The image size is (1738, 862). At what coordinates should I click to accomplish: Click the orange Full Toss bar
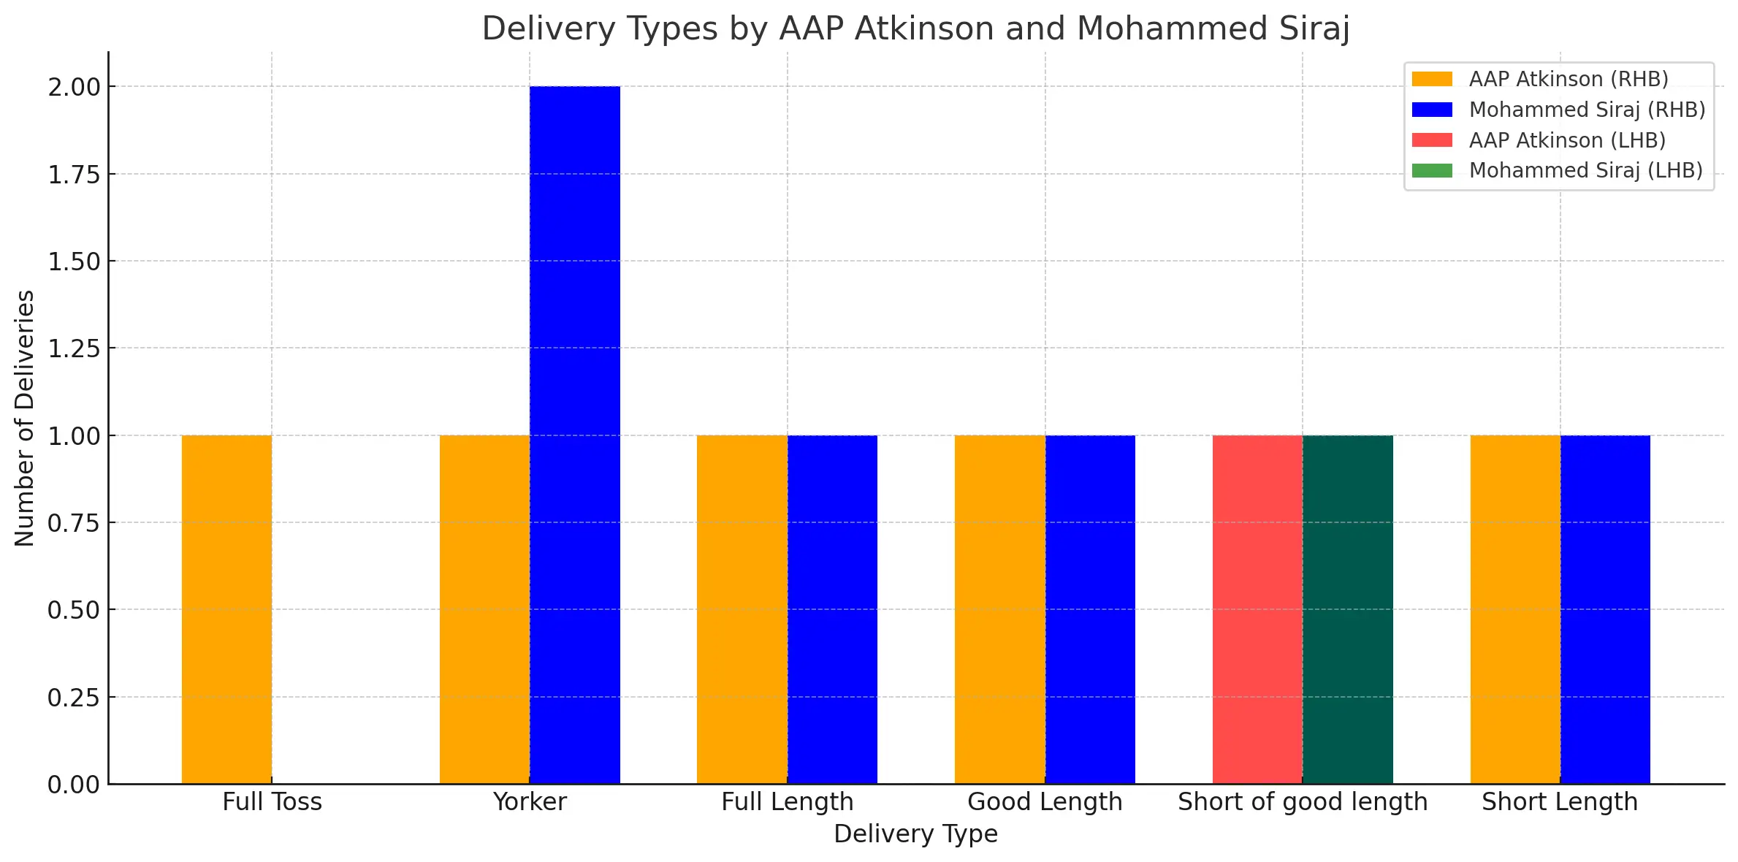[x=226, y=609]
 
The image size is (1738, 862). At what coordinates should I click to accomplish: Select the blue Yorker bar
[x=575, y=435]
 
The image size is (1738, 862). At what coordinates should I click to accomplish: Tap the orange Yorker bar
[x=484, y=609]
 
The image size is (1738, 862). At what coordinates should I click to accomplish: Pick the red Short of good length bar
[x=1257, y=609]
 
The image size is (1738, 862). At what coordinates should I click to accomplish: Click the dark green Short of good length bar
[x=1348, y=609]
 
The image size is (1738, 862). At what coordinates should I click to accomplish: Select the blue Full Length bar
[x=832, y=609]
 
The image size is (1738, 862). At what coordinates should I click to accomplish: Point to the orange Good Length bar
[x=999, y=609]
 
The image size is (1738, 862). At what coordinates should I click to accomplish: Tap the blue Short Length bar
[x=1605, y=609]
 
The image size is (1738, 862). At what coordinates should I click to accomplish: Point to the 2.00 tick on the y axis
[x=74, y=87]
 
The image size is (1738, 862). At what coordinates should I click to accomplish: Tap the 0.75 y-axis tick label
[x=74, y=523]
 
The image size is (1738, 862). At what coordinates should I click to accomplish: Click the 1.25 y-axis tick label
[x=74, y=348]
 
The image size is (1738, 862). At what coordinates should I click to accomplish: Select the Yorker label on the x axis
[x=530, y=802]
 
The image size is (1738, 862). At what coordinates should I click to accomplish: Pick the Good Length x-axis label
[x=1045, y=802]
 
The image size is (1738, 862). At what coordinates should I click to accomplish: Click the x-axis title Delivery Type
[x=915, y=834]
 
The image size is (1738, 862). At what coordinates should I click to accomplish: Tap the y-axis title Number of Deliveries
[x=25, y=418]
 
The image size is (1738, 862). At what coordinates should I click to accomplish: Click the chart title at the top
[x=915, y=29]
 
